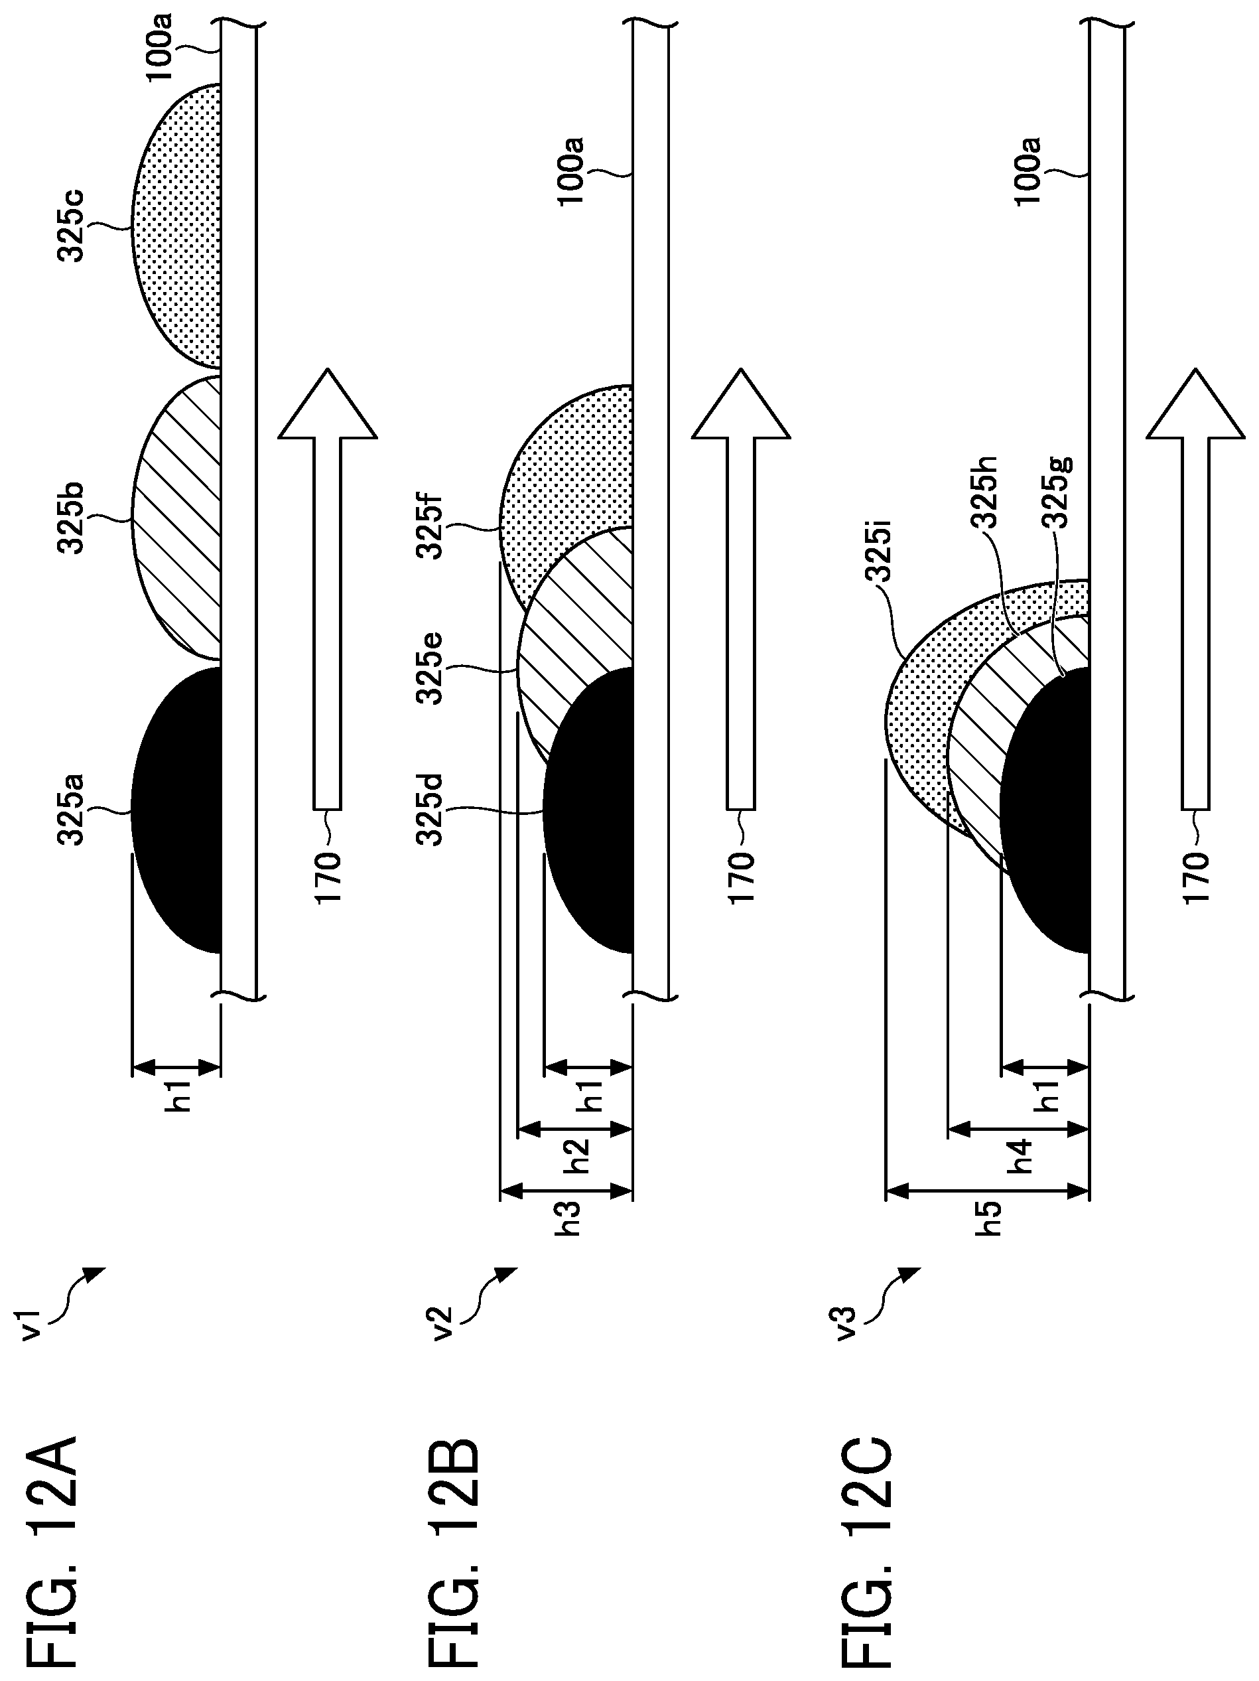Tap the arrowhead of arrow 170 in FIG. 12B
(742, 403)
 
